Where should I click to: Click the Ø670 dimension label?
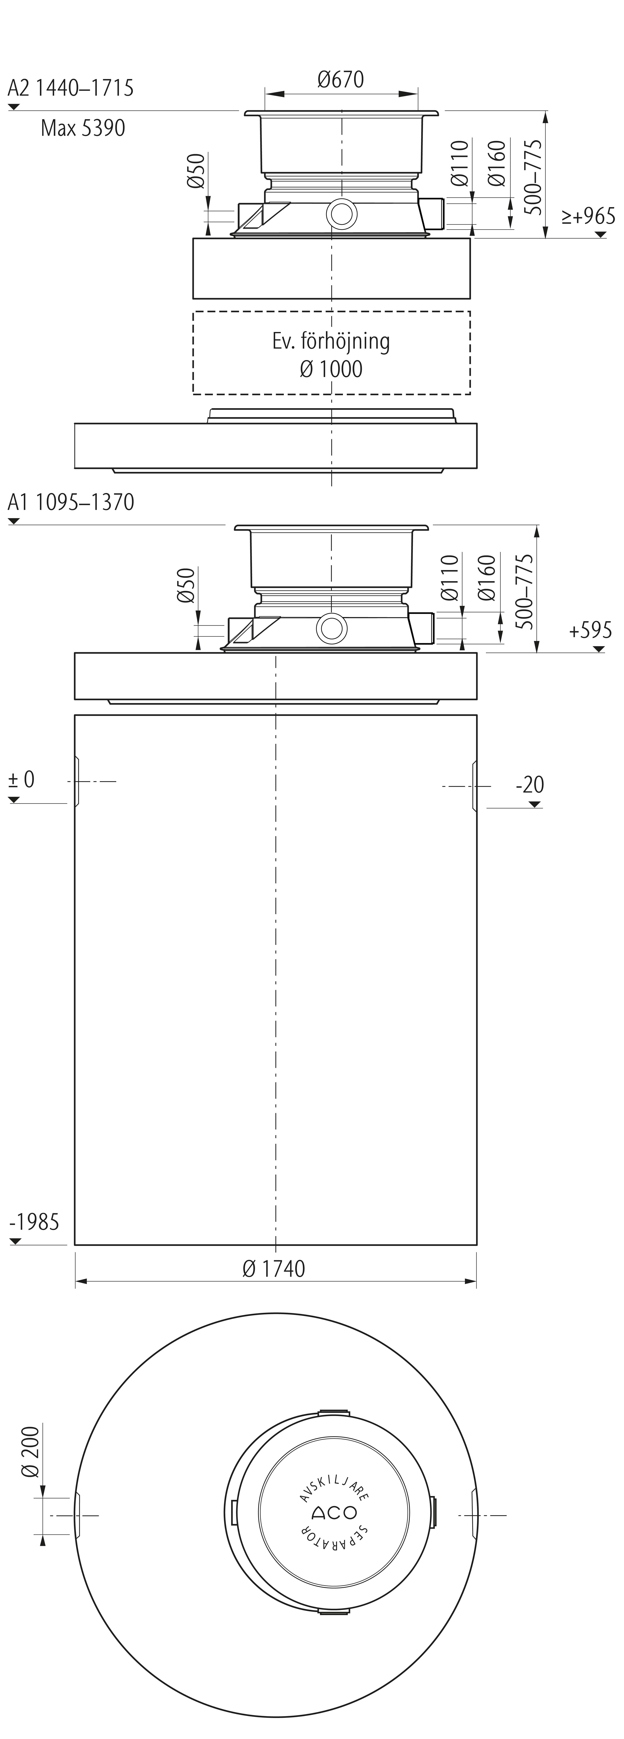point(341,80)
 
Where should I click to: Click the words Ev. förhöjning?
point(331,341)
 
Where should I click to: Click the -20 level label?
point(530,784)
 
